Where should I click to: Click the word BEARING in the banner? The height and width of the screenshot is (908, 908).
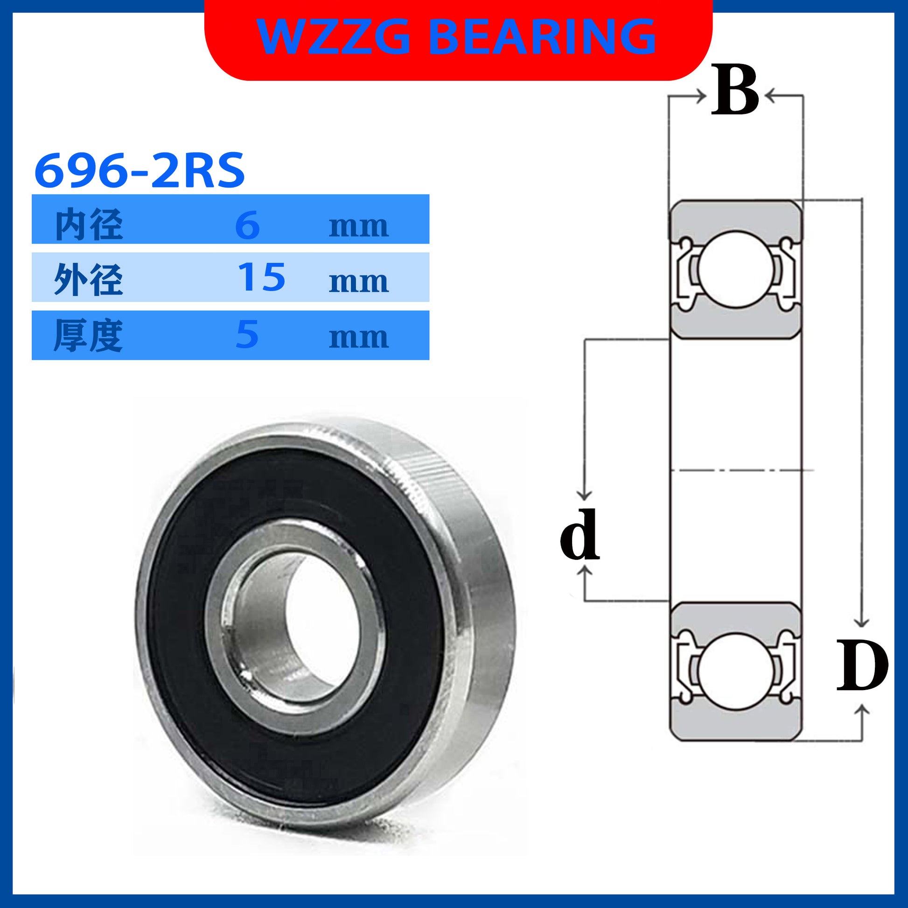coord(542,36)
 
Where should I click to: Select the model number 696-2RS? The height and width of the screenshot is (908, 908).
coord(140,170)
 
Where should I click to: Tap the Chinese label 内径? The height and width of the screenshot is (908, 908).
coord(89,225)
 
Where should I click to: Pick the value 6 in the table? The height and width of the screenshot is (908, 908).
coord(247,225)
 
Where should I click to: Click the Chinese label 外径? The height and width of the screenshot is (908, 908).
coord(89,279)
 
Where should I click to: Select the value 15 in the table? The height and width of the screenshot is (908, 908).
coord(261,277)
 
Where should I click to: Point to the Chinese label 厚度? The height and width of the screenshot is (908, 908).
coord(88,335)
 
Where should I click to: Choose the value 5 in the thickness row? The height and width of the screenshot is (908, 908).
coord(247,335)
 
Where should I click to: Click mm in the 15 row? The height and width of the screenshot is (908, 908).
coord(359,282)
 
